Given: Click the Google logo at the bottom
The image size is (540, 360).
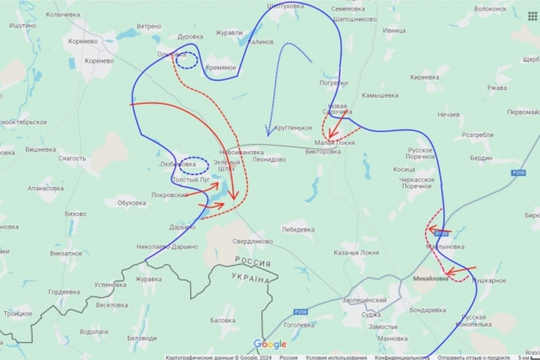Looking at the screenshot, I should [x=270, y=344].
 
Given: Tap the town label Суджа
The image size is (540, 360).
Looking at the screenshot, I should [x=371, y=315].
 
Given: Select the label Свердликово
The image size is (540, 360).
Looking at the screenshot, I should [x=252, y=241].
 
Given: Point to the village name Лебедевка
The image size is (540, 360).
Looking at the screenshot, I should [x=297, y=229].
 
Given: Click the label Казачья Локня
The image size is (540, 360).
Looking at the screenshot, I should [x=356, y=253].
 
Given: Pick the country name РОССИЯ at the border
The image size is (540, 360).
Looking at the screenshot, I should [x=253, y=262].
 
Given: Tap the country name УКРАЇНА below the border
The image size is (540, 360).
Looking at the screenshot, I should [x=251, y=277].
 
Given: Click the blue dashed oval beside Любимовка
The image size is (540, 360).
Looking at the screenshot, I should [x=194, y=166].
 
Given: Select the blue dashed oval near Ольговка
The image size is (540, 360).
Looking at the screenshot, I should [x=186, y=60].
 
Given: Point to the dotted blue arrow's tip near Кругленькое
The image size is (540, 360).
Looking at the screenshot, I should [x=268, y=135].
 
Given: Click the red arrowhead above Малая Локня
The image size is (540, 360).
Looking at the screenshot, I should [x=330, y=136].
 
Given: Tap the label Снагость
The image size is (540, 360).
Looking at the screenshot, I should [x=72, y=158].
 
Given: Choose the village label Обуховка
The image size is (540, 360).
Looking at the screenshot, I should [x=131, y=203].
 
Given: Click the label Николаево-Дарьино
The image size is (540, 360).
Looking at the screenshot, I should [x=167, y=247].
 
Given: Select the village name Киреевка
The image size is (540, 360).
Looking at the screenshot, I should [x=424, y=77].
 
